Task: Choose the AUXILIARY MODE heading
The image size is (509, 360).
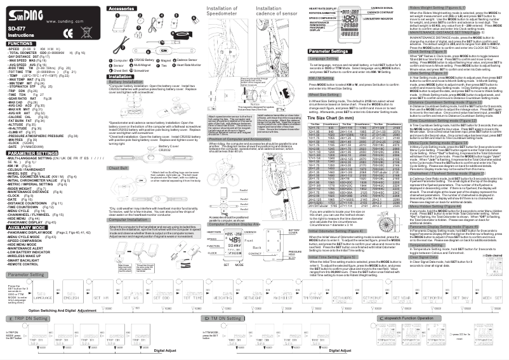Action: pyautogui.click(x=27, y=227)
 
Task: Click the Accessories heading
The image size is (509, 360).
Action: pyautogui.click(x=121, y=10)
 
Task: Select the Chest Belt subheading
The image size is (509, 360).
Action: pyautogui.click(x=119, y=168)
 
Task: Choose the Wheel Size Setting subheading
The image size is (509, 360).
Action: pyautogui.click(x=326, y=93)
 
